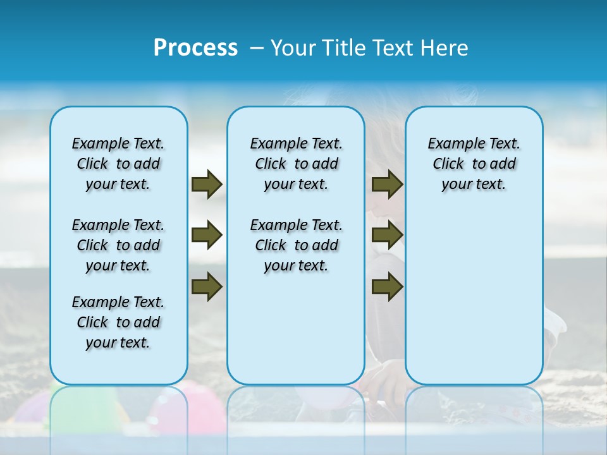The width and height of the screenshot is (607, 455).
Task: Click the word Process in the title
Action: pos(195,48)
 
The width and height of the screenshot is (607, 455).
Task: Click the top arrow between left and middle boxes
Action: pos(207,185)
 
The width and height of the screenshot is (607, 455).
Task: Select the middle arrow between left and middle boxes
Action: pos(207,236)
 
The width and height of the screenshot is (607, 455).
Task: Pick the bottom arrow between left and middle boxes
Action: pos(207,286)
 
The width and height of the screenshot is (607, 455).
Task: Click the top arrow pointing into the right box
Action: pos(387,185)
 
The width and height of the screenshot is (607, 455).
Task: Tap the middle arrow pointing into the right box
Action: pos(387,236)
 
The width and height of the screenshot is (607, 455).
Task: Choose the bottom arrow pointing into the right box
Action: pos(387,286)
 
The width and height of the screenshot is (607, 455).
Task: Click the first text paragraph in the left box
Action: pos(118,164)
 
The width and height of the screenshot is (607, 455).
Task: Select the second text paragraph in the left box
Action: pos(118,245)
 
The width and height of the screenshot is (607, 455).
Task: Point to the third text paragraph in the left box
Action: pos(118,322)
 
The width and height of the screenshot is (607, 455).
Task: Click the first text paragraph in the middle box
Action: pos(296,164)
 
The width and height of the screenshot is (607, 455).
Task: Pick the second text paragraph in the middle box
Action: pos(296,245)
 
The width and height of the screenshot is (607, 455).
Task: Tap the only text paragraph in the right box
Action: pos(474,164)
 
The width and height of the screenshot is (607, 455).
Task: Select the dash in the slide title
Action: pos(257,48)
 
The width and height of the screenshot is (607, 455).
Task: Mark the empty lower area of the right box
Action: pos(474,303)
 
